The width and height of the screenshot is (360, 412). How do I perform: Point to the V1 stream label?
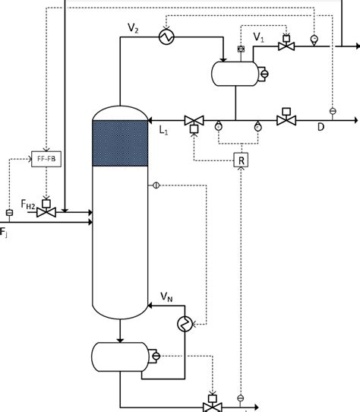tap(259, 35)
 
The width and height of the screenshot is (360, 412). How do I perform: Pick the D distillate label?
tap(321, 128)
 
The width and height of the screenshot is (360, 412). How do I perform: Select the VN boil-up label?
tap(167, 297)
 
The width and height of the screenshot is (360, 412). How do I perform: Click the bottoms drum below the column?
tap(120, 356)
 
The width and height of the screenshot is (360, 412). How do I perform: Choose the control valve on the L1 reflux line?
tap(192, 119)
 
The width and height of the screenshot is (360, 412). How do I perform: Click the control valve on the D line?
tap(286, 119)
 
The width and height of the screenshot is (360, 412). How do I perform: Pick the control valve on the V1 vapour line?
tap(286, 46)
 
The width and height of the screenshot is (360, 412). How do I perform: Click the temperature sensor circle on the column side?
tap(156, 185)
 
